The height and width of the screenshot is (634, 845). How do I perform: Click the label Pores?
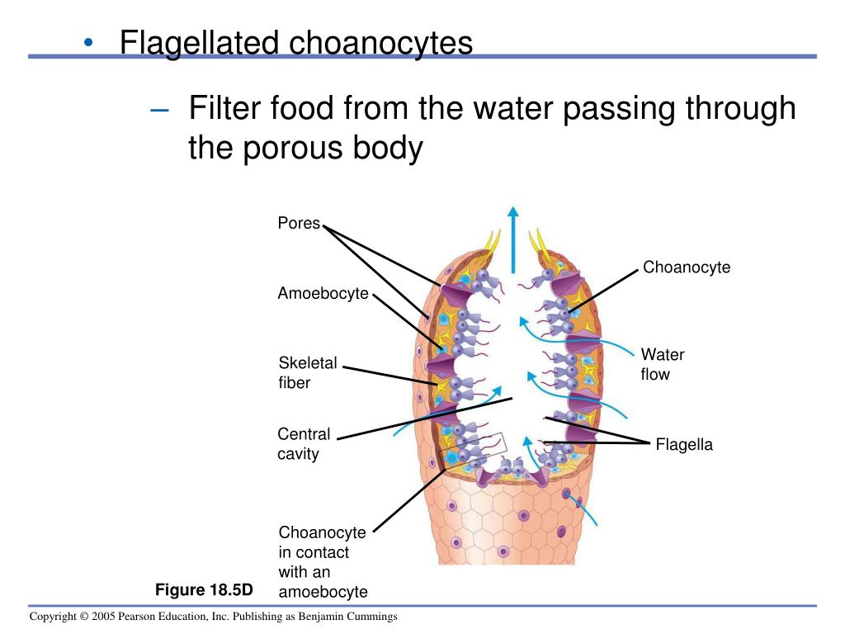click(x=299, y=224)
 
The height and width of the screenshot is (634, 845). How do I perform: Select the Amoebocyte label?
click(x=323, y=294)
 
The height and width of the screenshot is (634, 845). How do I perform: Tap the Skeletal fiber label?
click(x=307, y=372)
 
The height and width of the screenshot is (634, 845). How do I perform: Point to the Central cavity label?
click(x=303, y=444)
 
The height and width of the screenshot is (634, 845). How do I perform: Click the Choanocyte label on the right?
click(x=687, y=267)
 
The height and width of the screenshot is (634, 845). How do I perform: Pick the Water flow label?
click(x=662, y=364)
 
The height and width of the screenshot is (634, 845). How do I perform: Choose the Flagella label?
click(x=684, y=446)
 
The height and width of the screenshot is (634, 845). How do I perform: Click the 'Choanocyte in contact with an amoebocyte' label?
click(x=323, y=561)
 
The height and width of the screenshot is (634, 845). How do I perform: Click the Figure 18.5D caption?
click(x=204, y=589)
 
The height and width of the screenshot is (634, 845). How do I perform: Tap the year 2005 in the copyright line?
click(x=101, y=617)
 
